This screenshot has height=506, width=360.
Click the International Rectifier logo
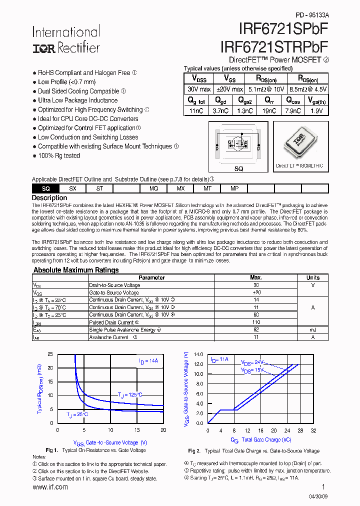[x=66, y=39]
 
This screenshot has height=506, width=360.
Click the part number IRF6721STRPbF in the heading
[x=274, y=46]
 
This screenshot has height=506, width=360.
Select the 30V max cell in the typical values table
[x=198, y=89]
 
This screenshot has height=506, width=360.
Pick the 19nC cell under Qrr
[x=269, y=111]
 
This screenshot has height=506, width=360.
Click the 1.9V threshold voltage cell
[x=316, y=111]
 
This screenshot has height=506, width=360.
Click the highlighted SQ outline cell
[x=45, y=188]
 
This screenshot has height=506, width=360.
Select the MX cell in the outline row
[x=180, y=188]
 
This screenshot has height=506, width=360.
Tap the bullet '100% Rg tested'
[x=58, y=155]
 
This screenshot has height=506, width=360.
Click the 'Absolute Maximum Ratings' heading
[x=76, y=270]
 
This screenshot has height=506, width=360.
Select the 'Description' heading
[x=49, y=198]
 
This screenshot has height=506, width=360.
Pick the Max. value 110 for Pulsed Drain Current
[x=256, y=322]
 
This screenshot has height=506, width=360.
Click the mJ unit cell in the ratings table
[x=313, y=330]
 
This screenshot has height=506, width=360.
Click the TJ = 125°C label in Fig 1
[x=130, y=394]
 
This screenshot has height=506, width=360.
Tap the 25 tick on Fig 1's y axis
[x=50, y=354]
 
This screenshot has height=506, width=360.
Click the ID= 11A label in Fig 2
[x=219, y=359]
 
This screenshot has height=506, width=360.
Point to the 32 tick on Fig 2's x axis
[x=313, y=430]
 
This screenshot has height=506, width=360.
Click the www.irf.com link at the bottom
[x=50, y=487]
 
